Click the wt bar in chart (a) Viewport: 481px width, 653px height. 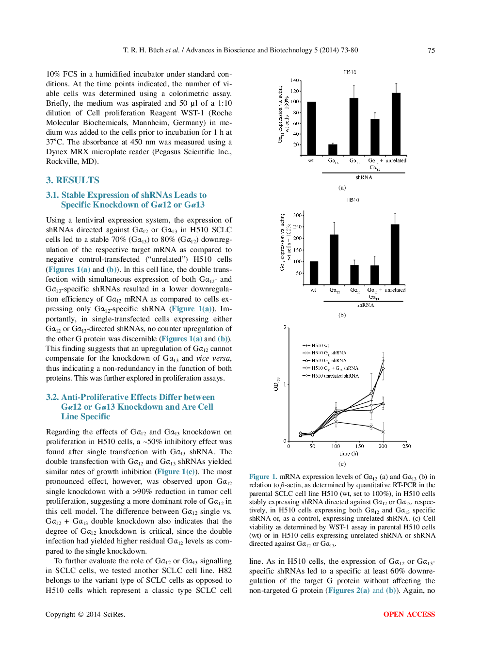311,128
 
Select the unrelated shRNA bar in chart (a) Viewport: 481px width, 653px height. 396,124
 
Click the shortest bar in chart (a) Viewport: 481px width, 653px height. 333,149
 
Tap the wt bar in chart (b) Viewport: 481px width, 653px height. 314,272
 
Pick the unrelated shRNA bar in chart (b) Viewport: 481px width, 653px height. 395,254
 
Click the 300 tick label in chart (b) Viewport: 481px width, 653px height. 297,215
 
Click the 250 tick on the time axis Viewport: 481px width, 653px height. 406,446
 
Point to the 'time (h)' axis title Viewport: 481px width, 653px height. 349,454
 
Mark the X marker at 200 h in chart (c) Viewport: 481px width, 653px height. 383,431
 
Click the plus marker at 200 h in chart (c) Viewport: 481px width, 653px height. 383,361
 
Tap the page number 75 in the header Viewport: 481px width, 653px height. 431,50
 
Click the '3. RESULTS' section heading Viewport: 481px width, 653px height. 72,180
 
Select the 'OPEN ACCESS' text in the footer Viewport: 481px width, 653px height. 409,614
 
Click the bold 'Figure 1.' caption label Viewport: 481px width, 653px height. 263,477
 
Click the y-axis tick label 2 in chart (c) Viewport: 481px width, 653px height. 285,328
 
